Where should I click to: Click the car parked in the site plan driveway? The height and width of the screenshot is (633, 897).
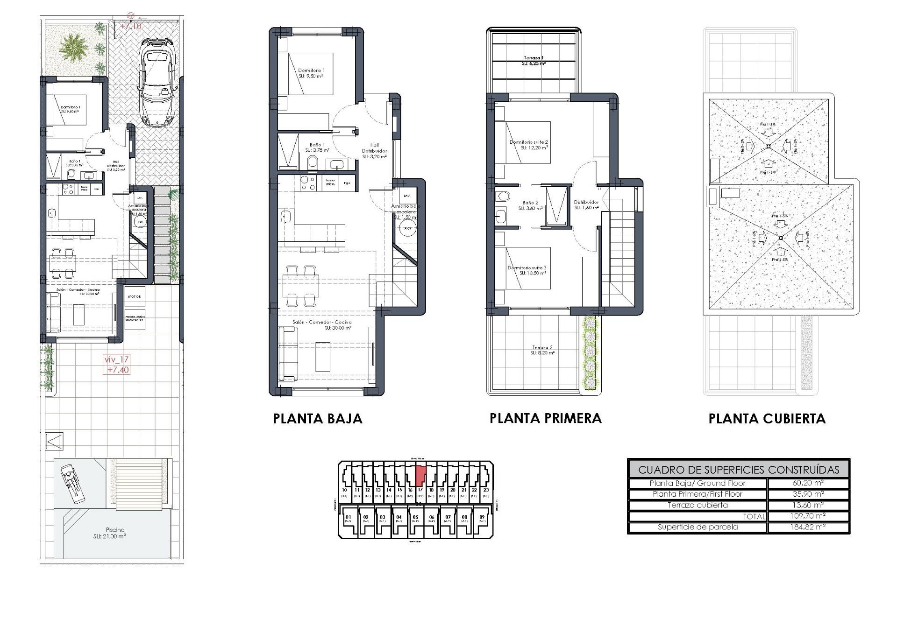(159, 83)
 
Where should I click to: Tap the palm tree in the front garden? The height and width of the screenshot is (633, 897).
(73, 48)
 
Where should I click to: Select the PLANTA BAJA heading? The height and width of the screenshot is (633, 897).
(318, 419)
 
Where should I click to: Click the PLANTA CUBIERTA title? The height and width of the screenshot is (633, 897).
(767, 419)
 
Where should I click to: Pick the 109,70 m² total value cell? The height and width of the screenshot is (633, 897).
(808, 516)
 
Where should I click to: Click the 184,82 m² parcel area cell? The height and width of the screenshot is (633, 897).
(808, 527)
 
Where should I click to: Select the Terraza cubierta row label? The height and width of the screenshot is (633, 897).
(698, 505)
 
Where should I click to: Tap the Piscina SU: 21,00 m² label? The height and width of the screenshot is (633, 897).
(115, 533)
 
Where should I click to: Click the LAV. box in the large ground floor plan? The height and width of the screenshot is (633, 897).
(407, 196)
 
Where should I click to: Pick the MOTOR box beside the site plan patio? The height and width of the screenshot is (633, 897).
(135, 296)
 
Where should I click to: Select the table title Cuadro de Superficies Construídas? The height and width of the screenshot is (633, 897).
(739, 470)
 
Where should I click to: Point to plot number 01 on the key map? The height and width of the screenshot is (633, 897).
(348, 517)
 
